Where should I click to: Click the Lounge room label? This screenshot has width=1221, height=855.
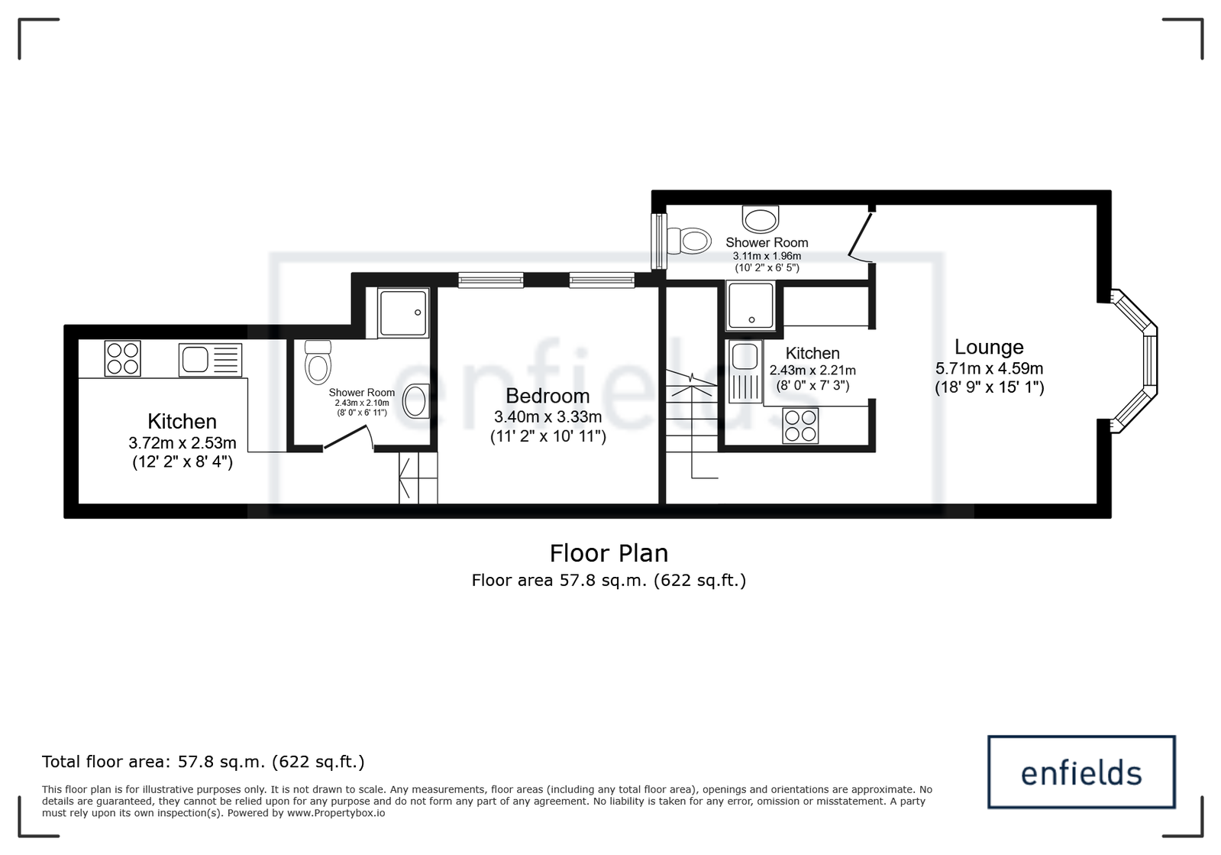(x=989, y=347)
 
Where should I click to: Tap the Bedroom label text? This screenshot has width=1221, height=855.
(x=548, y=396)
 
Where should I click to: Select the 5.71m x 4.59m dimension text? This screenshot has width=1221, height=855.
(x=990, y=368)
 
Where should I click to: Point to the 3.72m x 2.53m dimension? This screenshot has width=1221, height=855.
(x=182, y=442)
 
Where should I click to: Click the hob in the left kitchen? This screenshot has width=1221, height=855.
(x=123, y=358)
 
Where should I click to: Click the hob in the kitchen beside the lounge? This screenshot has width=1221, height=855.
(x=800, y=426)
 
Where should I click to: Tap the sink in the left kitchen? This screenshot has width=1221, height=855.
(x=210, y=360)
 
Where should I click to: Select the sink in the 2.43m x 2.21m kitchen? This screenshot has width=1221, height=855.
(x=745, y=371)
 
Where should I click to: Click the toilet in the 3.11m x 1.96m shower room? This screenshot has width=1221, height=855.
(x=689, y=241)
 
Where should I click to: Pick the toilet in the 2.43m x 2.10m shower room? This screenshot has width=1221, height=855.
(x=318, y=363)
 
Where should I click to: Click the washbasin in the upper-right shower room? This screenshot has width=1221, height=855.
(x=761, y=219)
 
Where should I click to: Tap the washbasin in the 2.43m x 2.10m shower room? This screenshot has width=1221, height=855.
(x=416, y=401)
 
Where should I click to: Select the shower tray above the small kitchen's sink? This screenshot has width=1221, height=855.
(x=751, y=306)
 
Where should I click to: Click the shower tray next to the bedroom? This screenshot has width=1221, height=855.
(x=404, y=313)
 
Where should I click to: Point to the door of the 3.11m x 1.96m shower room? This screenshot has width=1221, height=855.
(x=861, y=237)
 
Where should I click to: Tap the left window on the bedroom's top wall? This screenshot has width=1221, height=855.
(x=490, y=280)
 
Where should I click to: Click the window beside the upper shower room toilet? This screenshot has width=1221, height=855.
(x=659, y=241)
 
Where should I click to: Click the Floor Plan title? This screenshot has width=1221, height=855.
(x=609, y=553)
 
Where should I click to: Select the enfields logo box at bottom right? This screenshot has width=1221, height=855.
(x=1081, y=772)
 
